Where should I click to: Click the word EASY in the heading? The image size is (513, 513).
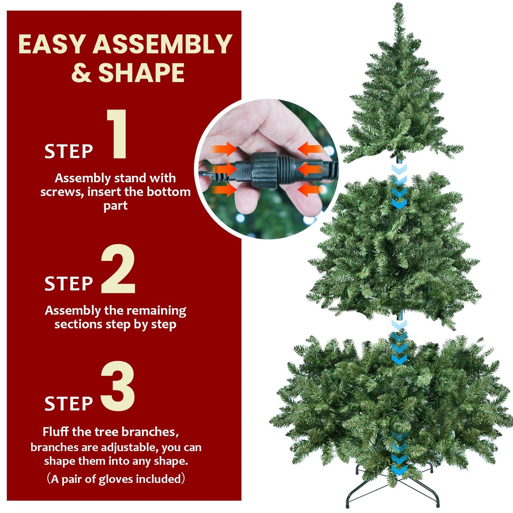click(x=52, y=45)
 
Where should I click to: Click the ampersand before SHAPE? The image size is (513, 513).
click(x=81, y=73)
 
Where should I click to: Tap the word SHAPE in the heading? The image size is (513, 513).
click(x=141, y=73)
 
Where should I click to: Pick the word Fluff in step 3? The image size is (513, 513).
click(x=56, y=432)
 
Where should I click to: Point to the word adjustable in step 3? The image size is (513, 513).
click(x=129, y=447)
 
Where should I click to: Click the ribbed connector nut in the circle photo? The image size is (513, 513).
click(x=264, y=170)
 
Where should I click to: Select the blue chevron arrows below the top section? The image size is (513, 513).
click(x=399, y=186)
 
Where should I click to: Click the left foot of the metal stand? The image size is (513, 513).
click(x=348, y=504)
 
